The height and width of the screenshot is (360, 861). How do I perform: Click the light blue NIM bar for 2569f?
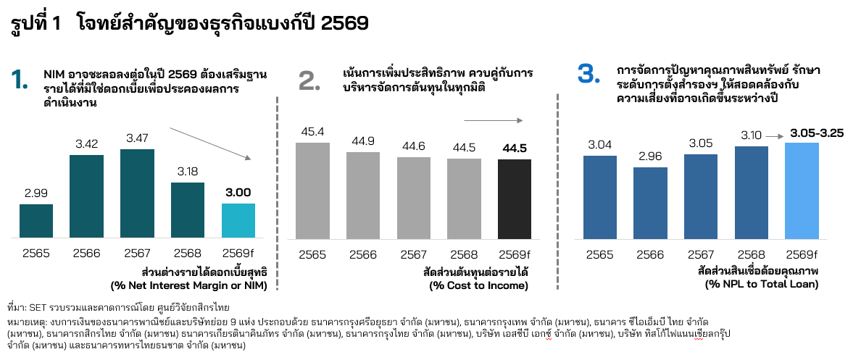click(239, 221)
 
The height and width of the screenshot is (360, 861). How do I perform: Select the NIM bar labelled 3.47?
click(138, 194)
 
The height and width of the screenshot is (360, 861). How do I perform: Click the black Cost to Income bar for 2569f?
click(514, 199)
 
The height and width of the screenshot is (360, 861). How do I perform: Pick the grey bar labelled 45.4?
click(312, 191)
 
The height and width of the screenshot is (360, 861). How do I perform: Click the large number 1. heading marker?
click(20, 80)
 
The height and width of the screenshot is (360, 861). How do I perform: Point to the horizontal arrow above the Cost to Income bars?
click(494, 120)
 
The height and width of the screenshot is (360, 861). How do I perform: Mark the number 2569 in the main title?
click(345, 24)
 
